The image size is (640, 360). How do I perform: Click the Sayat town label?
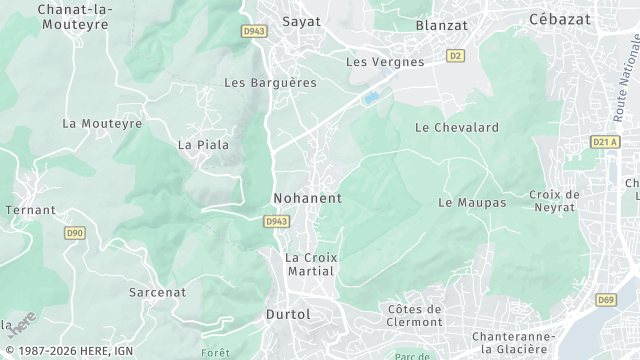[x=275, y=21]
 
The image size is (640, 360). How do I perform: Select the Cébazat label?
[x=560, y=19]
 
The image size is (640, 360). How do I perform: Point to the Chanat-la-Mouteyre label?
[x=75, y=16]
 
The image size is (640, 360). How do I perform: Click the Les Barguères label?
[x=270, y=82]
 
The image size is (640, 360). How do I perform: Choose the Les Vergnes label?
[x=385, y=62]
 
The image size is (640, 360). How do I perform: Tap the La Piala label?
[x=203, y=145]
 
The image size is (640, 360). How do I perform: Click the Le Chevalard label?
[x=457, y=127]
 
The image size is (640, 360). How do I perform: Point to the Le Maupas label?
[x=472, y=202]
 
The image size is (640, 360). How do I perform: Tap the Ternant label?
[x=31, y=210]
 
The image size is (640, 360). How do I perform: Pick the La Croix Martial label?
[x=311, y=264]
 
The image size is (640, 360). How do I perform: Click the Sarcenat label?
[x=157, y=292]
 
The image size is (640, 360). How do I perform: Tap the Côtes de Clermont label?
[x=414, y=315]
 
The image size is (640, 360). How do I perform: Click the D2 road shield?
[x=456, y=56]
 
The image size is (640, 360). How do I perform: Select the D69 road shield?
[x=606, y=299]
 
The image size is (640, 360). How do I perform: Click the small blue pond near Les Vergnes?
[x=372, y=98]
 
